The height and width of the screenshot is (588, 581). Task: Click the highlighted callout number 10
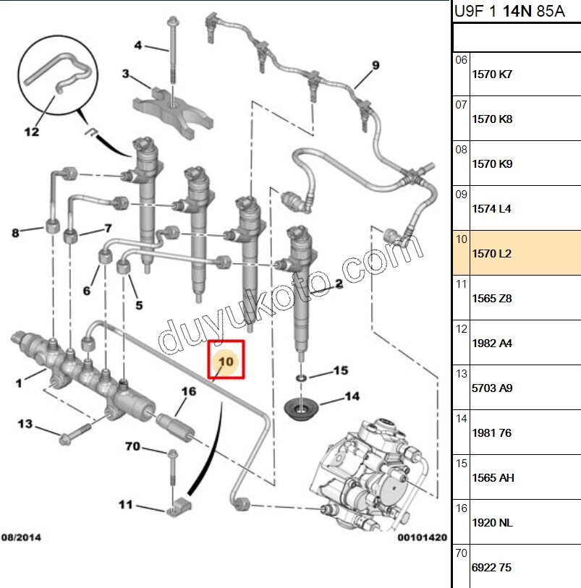(x=226, y=360)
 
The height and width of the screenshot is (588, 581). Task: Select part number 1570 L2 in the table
(x=491, y=254)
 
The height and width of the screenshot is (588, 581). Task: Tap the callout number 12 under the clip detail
(x=32, y=132)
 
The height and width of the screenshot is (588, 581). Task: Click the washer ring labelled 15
(x=300, y=378)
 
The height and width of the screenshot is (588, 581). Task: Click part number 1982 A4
(x=491, y=344)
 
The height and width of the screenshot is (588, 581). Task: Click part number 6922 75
(x=491, y=568)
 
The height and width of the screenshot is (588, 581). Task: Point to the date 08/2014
(x=21, y=537)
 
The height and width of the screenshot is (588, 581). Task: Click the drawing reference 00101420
(x=422, y=537)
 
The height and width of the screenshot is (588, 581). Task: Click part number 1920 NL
(x=491, y=523)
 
